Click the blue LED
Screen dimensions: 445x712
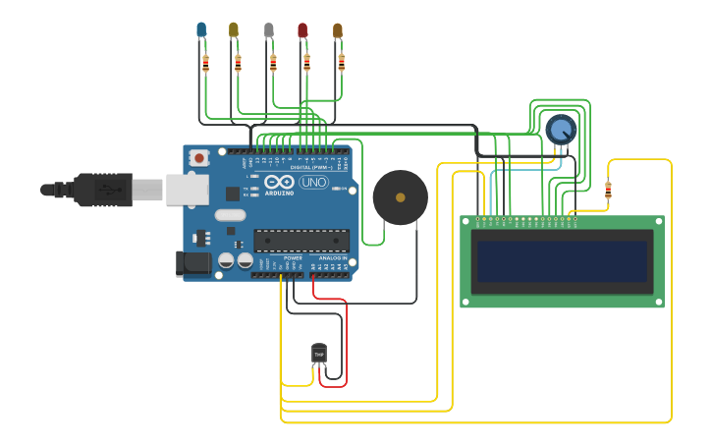point(201,30)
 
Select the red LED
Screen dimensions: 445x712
point(302,31)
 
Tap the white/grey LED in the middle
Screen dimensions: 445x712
point(268,30)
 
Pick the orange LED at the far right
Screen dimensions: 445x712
point(338,31)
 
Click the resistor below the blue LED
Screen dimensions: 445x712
point(205,64)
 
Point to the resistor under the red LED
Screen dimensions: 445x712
point(306,64)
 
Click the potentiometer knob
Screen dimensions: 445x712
point(560,129)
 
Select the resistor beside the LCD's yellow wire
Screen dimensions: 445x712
point(608,190)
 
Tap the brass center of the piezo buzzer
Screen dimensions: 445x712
point(400,196)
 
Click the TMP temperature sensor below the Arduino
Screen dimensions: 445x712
point(319,353)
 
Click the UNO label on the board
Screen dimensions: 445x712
point(313,183)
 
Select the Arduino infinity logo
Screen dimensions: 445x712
point(279,183)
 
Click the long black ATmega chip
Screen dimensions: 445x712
point(301,240)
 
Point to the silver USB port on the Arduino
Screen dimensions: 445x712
point(187,189)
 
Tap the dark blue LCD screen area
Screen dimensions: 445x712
point(562,261)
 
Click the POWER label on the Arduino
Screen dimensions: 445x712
point(293,257)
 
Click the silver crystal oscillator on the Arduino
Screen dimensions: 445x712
point(229,215)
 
